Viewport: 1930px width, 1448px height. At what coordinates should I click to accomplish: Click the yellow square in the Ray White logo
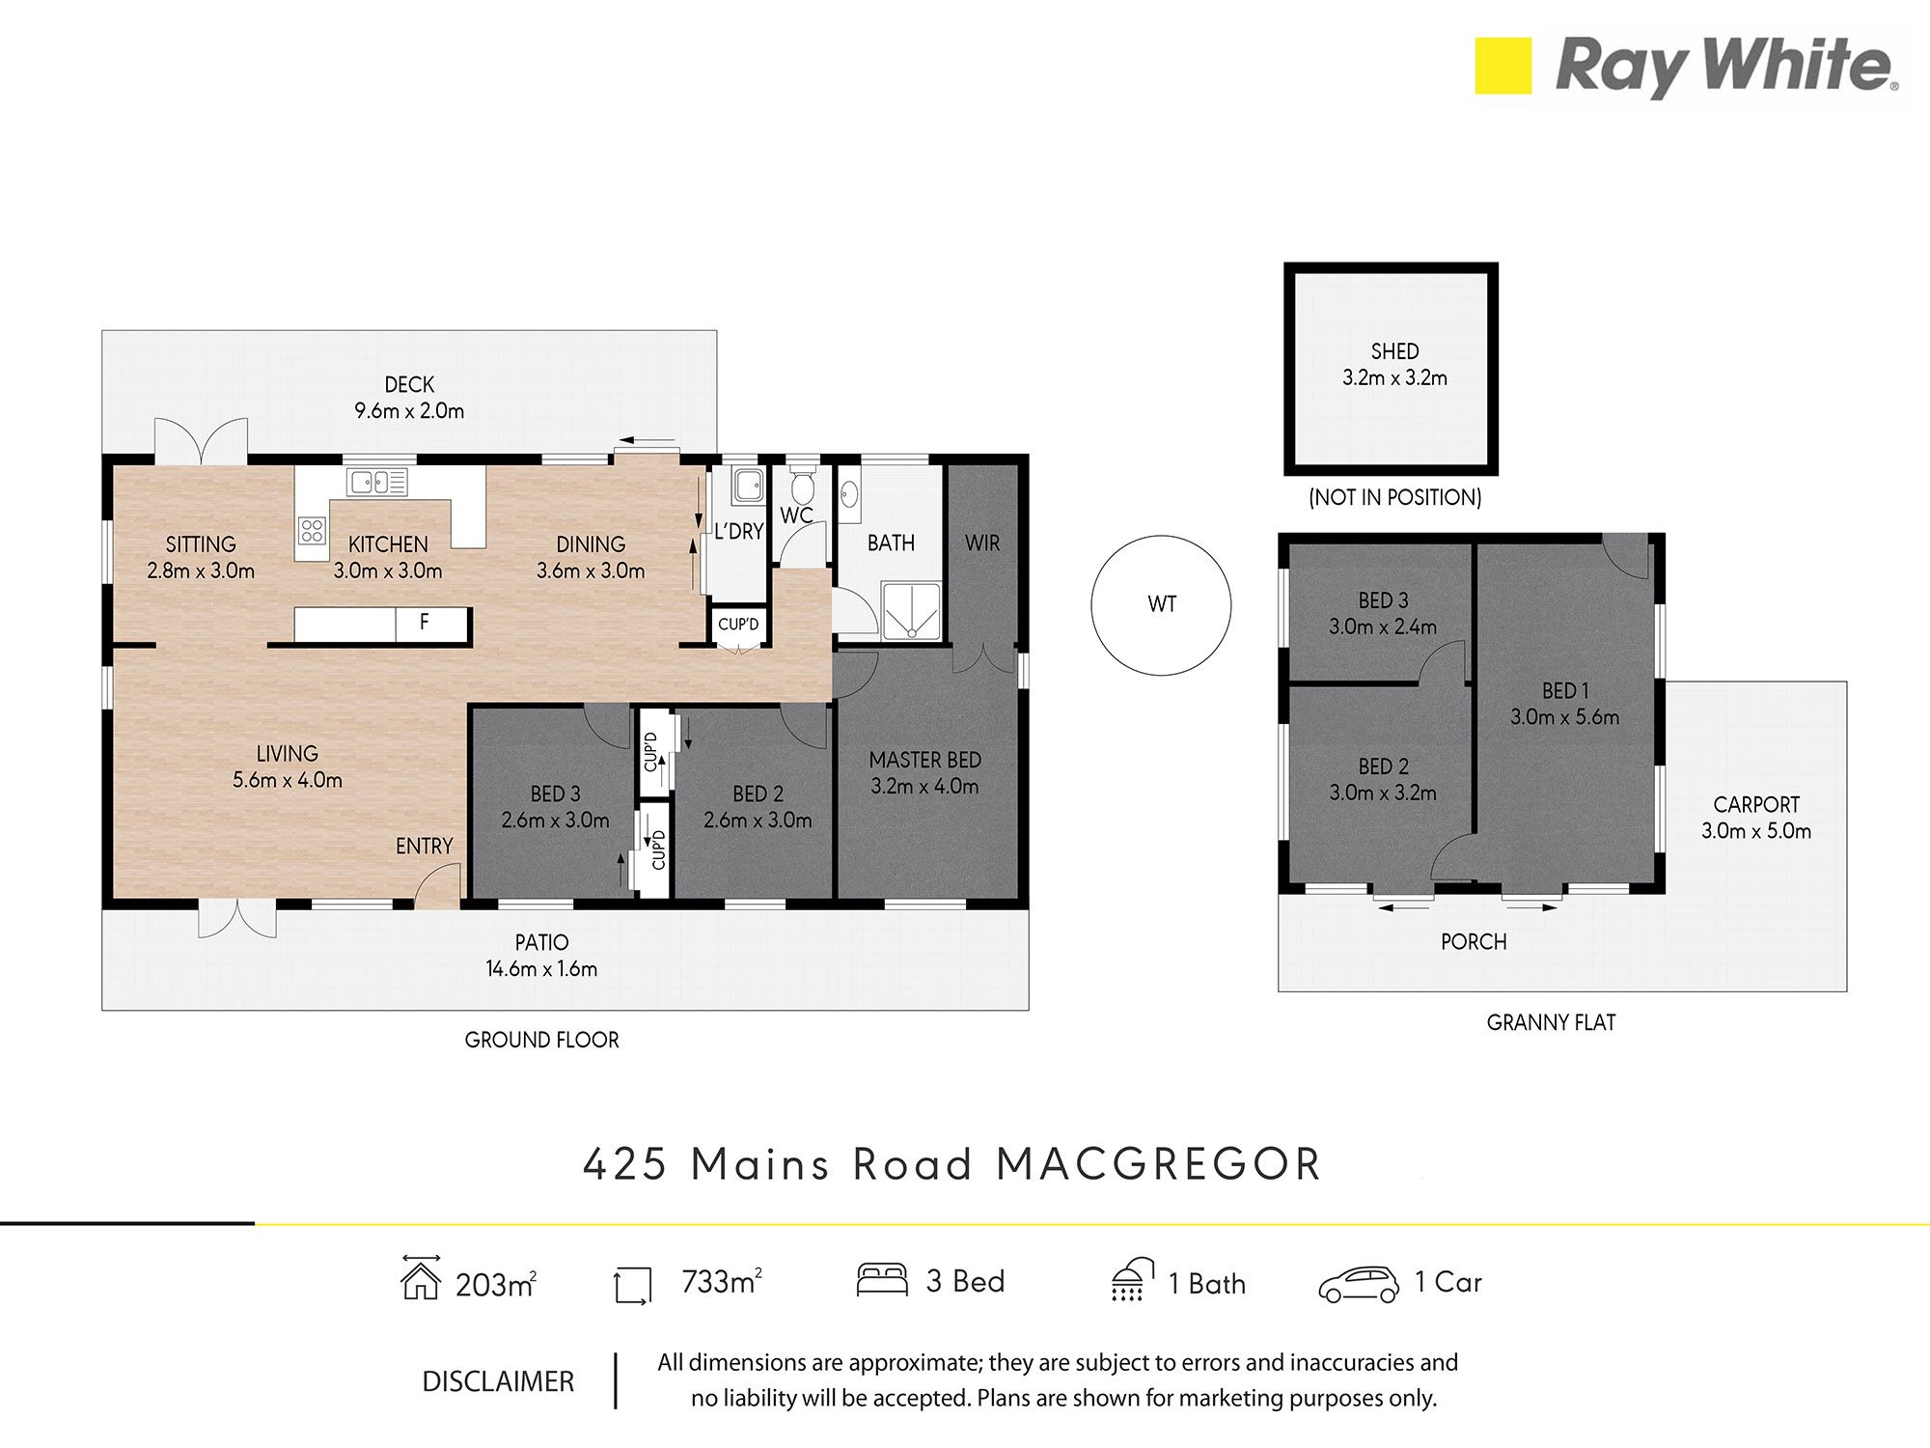[x=1503, y=66]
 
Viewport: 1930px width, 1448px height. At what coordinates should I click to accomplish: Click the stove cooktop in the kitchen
[x=311, y=530]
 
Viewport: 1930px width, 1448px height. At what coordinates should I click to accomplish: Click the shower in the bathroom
[x=911, y=611]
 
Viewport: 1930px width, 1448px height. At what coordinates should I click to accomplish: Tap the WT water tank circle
[x=1161, y=605]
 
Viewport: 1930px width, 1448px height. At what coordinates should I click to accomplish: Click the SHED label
[x=1394, y=351]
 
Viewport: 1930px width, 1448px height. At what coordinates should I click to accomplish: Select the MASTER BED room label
[x=924, y=761]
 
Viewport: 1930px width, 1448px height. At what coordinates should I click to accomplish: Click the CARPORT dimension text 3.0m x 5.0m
[x=1755, y=831]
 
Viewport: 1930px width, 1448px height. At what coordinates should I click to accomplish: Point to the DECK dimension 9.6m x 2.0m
[x=409, y=411]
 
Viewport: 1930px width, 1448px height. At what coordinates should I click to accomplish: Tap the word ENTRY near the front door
[x=424, y=847]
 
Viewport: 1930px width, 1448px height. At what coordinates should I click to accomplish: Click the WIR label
[x=982, y=543]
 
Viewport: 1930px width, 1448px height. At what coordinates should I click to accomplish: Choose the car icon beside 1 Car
[x=1359, y=1284]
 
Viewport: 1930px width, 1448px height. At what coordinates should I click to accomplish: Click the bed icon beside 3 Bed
[x=882, y=1280]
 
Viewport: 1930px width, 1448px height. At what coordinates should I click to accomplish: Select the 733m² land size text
[x=722, y=1282]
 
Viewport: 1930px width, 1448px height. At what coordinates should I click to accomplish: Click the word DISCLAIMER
[x=498, y=1382]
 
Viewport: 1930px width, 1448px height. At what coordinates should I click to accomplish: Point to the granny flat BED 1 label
[x=1564, y=691]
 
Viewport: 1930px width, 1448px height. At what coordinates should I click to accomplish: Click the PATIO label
[x=541, y=942]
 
